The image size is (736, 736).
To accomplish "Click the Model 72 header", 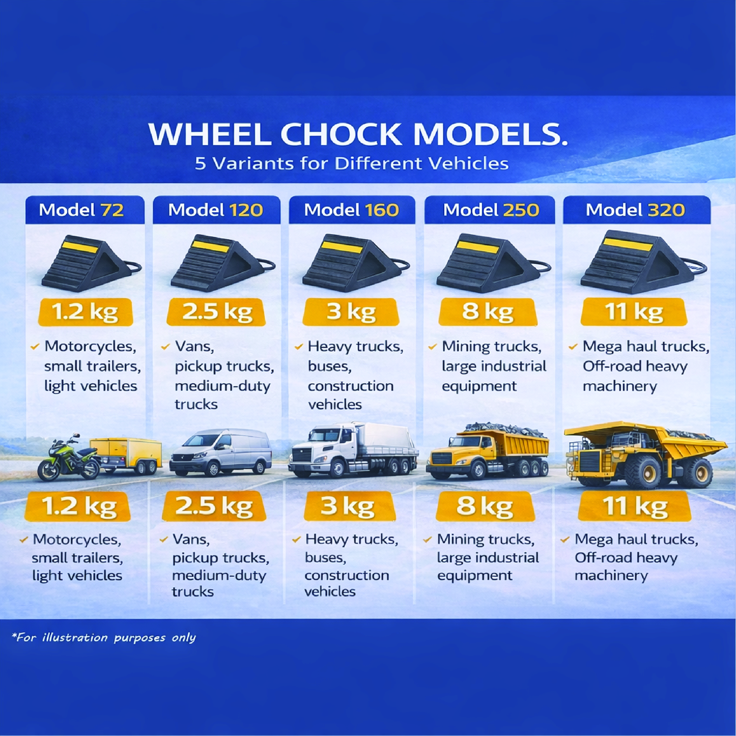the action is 82,210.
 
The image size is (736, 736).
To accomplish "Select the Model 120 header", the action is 216,210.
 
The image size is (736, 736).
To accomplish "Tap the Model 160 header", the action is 352,210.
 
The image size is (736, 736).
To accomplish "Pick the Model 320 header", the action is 635,210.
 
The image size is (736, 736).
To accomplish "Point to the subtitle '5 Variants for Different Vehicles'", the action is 352,164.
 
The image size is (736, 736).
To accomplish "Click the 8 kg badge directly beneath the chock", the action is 488,312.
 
